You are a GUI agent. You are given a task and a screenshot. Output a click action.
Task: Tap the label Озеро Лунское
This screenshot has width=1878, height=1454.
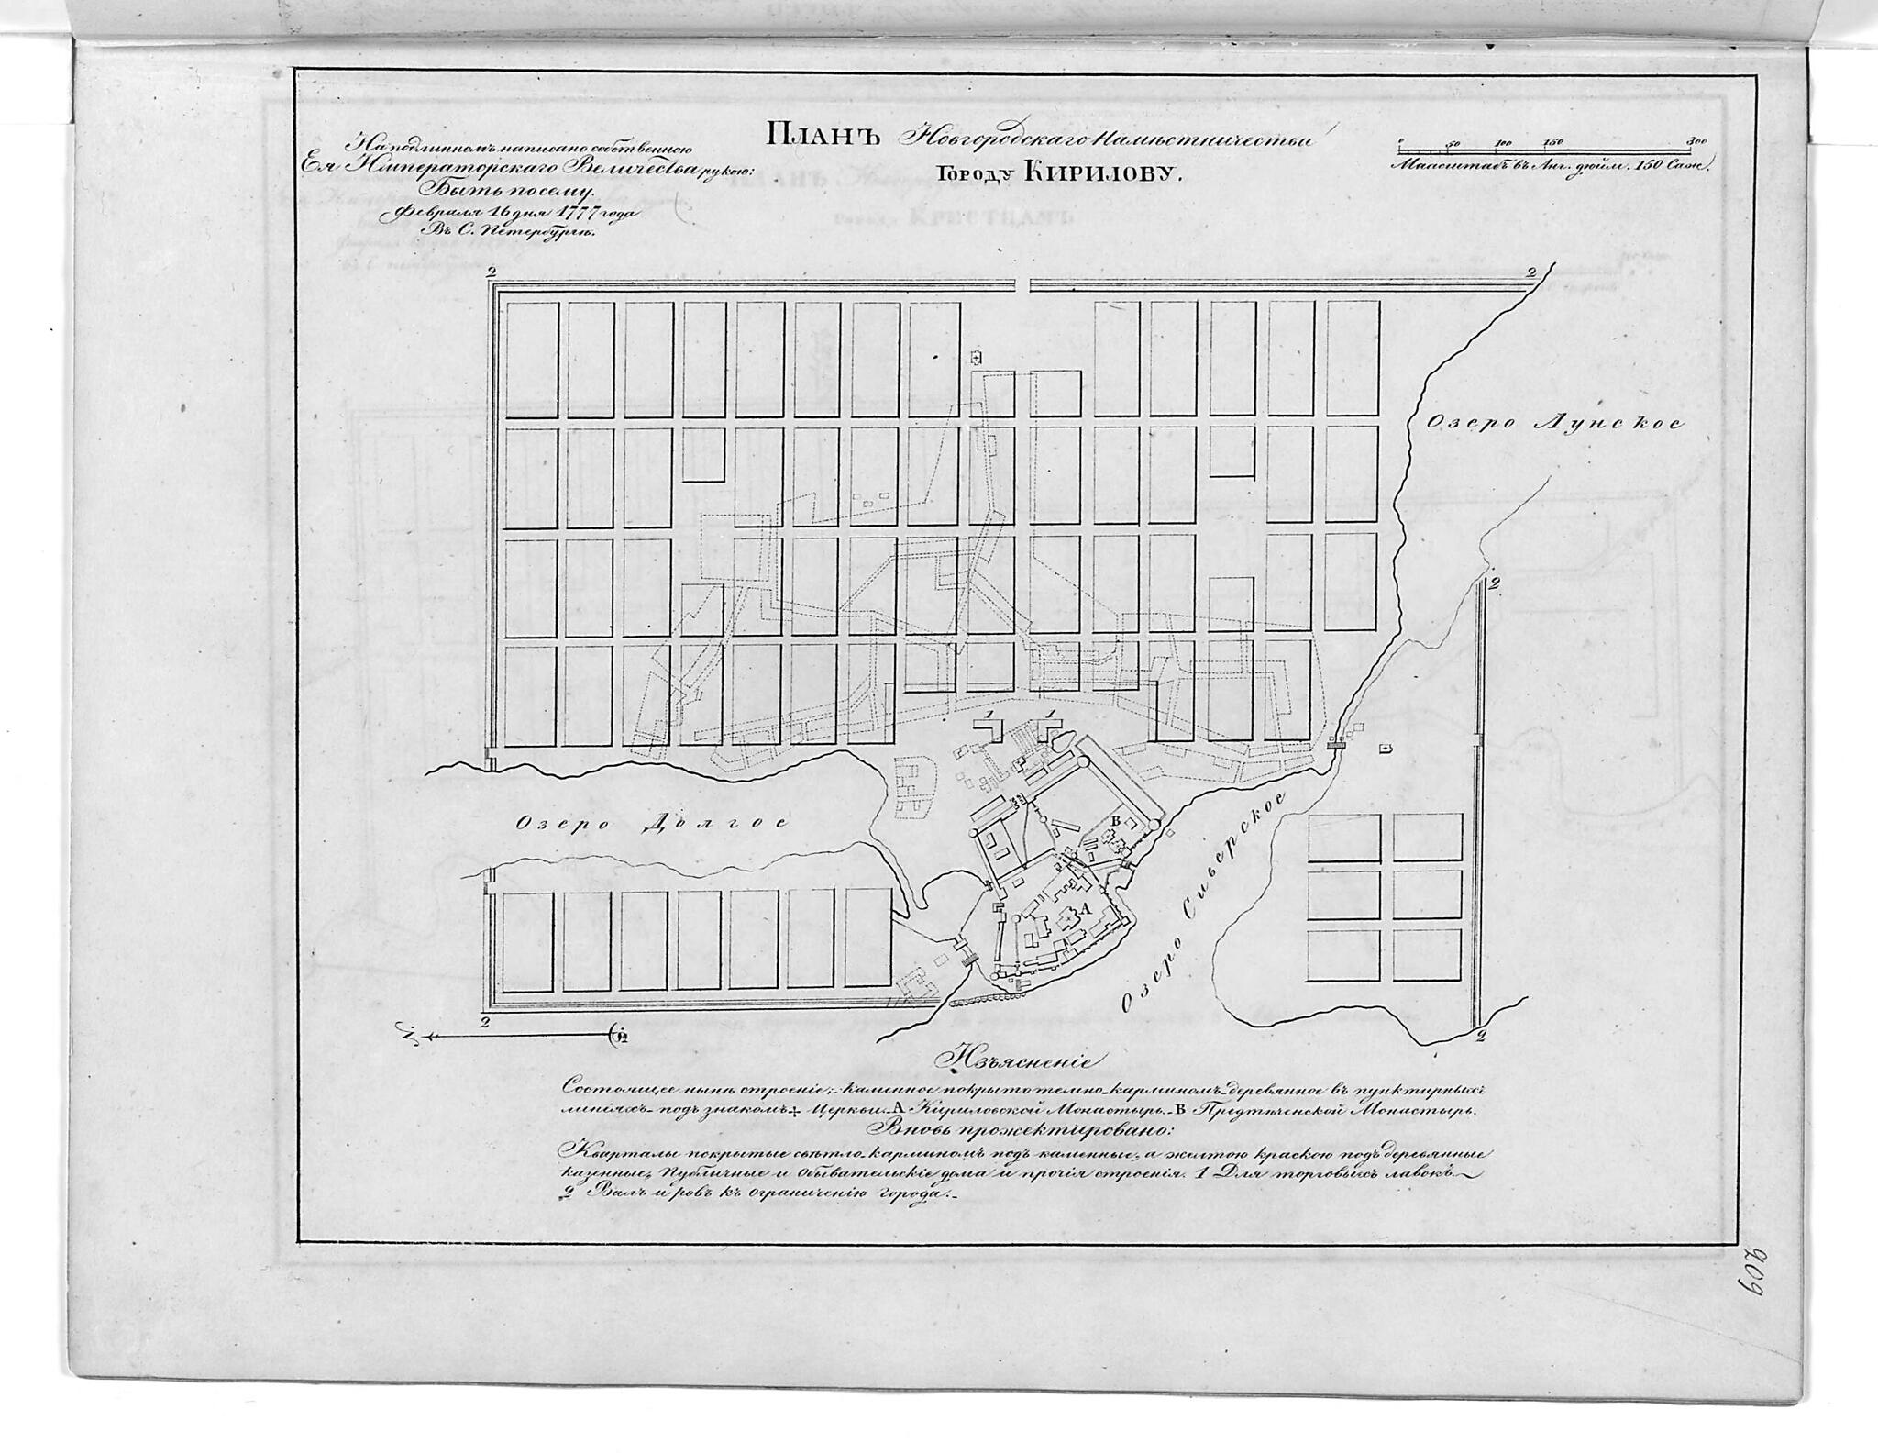click(1553, 423)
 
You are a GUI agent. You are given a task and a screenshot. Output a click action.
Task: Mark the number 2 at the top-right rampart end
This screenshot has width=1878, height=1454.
click(1531, 272)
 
